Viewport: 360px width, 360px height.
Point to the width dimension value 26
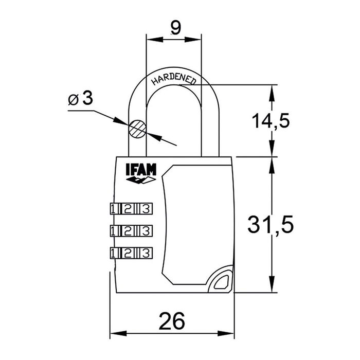point(171,321)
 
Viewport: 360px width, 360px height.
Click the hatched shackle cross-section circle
point(137,128)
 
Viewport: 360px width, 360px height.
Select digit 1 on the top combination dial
point(114,208)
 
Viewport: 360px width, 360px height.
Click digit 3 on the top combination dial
point(147,208)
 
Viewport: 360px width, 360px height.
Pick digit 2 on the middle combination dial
point(131,230)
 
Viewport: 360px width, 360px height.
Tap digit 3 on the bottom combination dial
point(147,252)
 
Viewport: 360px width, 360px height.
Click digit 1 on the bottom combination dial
point(114,252)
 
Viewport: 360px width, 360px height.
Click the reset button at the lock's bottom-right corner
point(220,281)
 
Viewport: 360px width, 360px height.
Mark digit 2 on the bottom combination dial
point(131,252)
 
